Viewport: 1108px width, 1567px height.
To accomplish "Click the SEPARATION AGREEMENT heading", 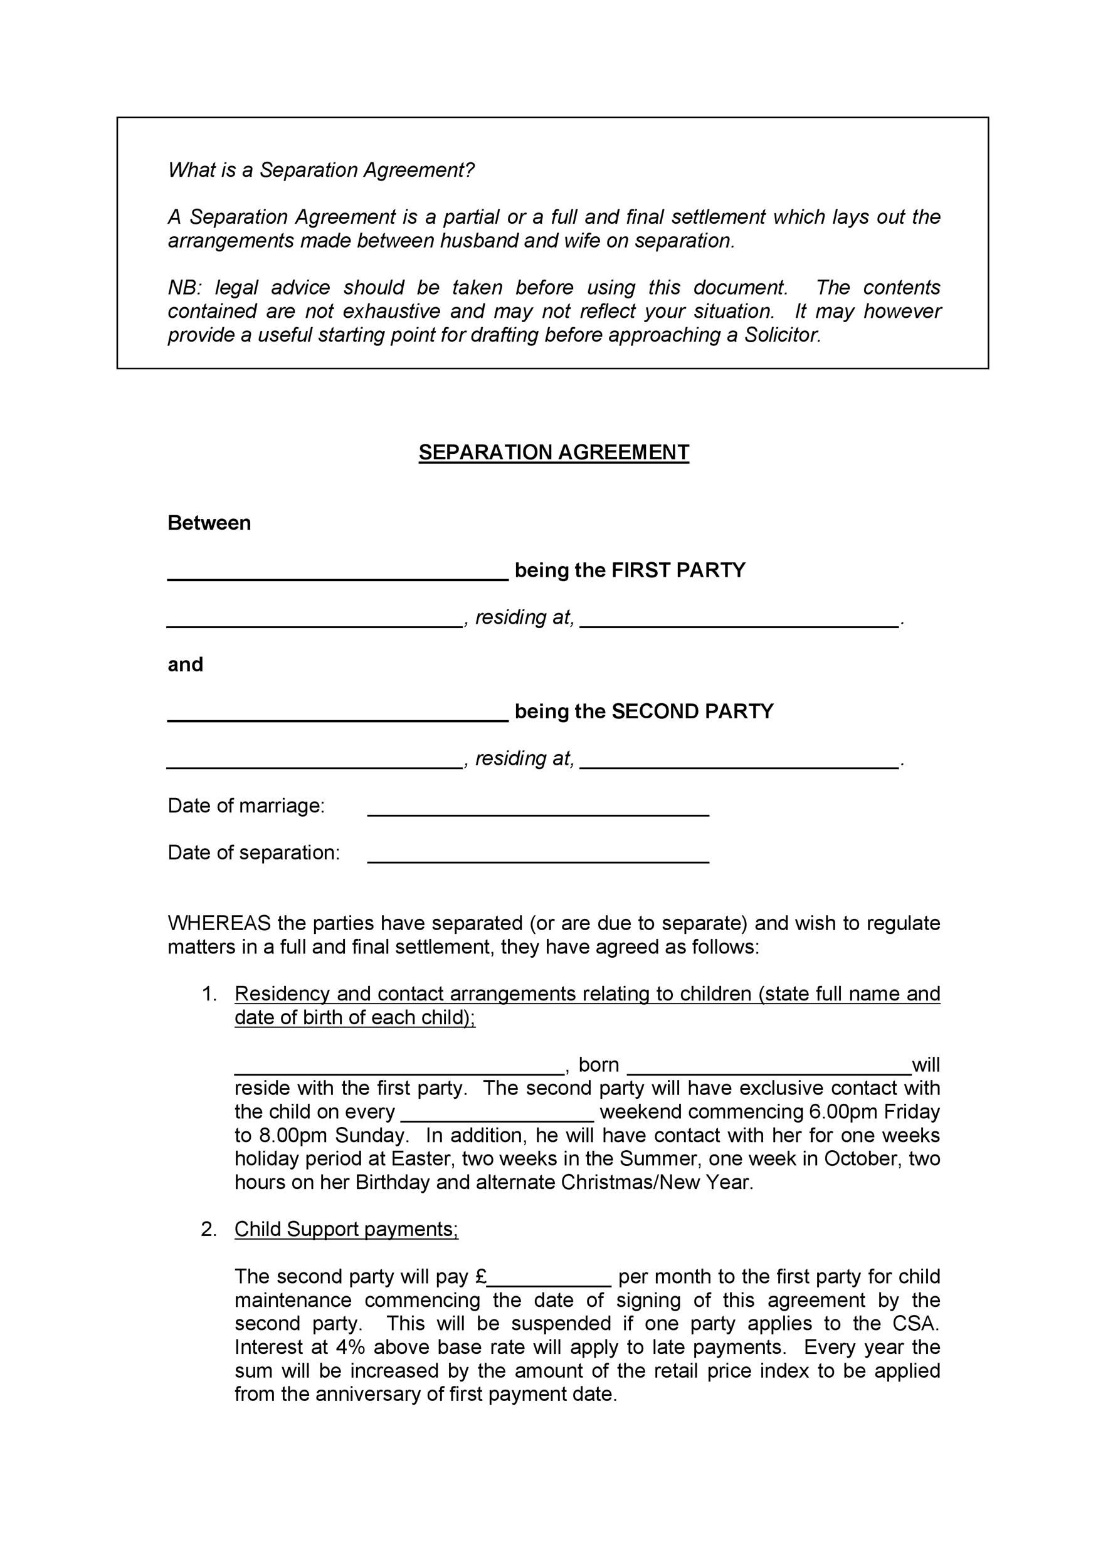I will click(554, 453).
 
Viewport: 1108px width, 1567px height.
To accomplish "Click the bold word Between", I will click(209, 523).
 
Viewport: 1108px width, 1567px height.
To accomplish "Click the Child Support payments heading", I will click(346, 1229).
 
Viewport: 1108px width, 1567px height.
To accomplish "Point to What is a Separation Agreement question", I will click(321, 170).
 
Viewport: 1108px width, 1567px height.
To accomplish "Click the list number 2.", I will click(208, 1229).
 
